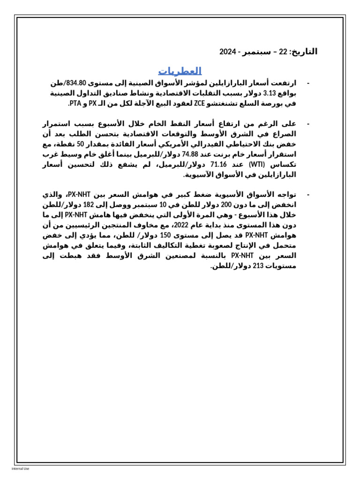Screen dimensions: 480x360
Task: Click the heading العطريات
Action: tap(180, 71)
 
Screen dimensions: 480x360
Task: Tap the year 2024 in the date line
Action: tap(227, 52)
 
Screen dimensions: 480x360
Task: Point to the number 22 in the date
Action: tap(283, 52)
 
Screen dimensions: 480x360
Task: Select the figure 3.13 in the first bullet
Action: tap(270, 93)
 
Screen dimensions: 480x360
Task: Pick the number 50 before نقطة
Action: tap(81, 144)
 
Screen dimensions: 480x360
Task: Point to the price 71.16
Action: tap(218, 165)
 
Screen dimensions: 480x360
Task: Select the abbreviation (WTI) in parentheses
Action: tap(257, 165)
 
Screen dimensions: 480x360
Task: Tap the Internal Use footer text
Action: tap(20, 468)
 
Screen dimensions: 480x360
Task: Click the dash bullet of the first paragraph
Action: tap(308, 83)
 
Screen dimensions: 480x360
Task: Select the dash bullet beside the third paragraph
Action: tap(308, 195)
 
